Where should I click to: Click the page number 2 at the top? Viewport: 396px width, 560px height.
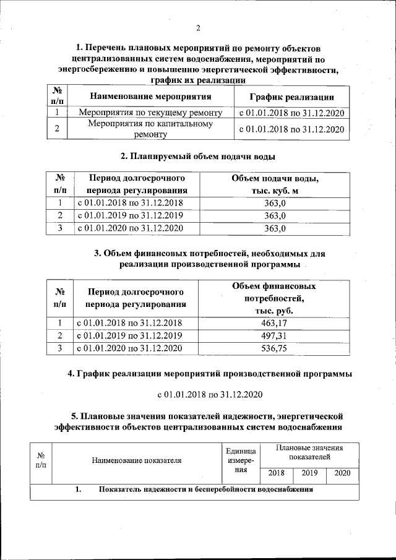(x=198, y=27)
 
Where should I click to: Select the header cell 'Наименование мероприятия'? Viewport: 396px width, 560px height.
(x=150, y=97)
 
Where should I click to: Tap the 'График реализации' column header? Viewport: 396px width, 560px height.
(x=291, y=97)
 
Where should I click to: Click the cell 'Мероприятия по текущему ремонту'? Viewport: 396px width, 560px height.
(x=150, y=113)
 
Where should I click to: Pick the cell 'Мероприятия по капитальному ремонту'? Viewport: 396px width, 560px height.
(x=150, y=129)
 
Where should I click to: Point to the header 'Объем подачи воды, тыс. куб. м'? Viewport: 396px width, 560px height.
(x=275, y=184)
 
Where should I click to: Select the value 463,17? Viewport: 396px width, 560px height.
(x=275, y=323)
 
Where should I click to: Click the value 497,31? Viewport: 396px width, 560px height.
(x=275, y=335)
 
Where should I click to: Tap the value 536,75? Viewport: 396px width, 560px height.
(x=275, y=348)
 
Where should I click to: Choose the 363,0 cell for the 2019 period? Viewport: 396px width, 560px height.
(x=275, y=216)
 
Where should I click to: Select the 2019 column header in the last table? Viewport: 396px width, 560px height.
(x=309, y=473)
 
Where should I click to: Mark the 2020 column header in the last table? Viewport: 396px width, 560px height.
(x=342, y=473)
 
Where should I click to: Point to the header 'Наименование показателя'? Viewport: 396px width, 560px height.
(x=137, y=461)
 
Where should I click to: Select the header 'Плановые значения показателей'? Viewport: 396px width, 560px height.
(x=309, y=452)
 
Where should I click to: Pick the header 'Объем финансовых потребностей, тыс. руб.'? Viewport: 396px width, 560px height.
(x=275, y=298)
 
